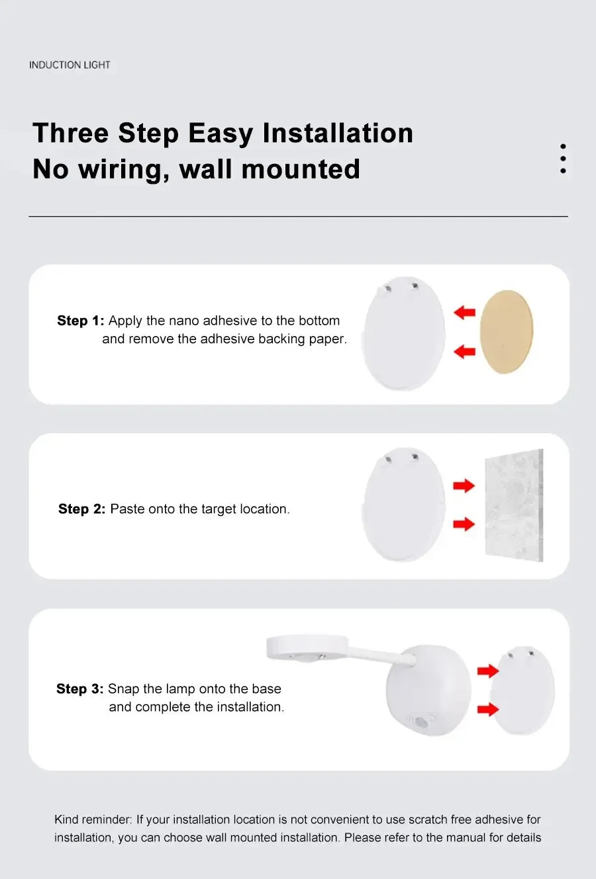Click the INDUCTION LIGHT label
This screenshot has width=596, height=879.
(x=70, y=65)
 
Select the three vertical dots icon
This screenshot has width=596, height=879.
(x=563, y=159)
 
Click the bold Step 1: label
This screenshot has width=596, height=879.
(x=80, y=321)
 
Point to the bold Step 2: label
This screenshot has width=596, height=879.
(x=81, y=509)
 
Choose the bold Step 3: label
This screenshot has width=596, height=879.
(x=79, y=689)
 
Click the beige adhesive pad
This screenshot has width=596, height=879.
(x=507, y=331)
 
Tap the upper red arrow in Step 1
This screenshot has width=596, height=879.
(x=465, y=312)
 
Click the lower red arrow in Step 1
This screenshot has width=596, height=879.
(x=465, y=351)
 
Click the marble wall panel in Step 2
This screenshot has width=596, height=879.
(x=515, y=505)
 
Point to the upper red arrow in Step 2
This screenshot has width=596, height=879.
(x=464, y=485)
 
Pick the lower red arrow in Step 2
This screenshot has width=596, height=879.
(x=464, y=524)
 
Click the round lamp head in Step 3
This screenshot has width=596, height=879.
(x=307, y=648)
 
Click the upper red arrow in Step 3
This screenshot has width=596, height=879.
(x=487, y=671)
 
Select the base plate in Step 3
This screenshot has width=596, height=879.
(x=522, y=691)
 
